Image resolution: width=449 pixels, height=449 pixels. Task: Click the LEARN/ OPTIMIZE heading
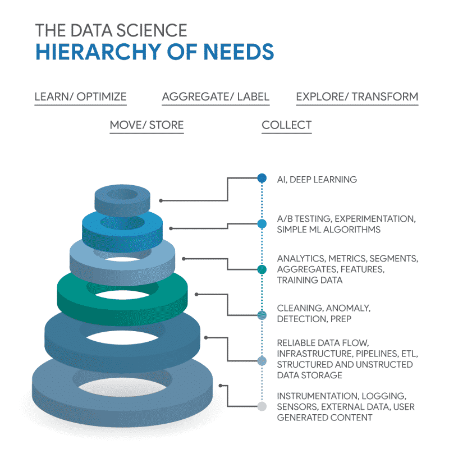pyautogui.click(x=80, y=97)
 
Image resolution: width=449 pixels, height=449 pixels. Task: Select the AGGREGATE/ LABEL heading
pyautogui.click(x=216, y=97)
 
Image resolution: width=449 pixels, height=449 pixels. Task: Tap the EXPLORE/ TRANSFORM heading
pyautogui.click(x=357, y=97)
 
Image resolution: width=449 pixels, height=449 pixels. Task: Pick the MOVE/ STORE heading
pyautogui.click(x=146, y=125)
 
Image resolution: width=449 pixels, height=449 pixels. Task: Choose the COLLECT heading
pyautogui.click(x=287, y=125)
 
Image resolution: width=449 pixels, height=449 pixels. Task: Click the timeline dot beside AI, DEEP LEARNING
pyautogui.click(x=262, y=178)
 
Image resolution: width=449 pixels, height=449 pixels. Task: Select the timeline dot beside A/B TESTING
pyautogui.click(x=262, y=223)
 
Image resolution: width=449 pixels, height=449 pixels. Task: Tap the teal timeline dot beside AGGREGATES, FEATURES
pyautogui.click(x=262, y=269)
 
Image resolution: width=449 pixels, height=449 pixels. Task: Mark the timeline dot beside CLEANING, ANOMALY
pyautogui.click(x=262, y=315)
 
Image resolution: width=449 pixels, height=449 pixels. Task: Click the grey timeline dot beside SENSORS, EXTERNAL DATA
pyautogui.click(x=262, y=406)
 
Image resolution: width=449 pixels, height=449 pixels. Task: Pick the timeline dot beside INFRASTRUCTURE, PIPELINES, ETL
pyautogui.click(x=262, y=361)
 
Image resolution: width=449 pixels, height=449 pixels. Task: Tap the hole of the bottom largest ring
pyautogui.click(x=122, y=387)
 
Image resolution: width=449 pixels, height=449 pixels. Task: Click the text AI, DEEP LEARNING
pyautogui.click(x=317, y=180)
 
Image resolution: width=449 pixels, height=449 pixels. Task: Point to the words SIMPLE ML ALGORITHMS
pyautogui.click(x=329, y=230)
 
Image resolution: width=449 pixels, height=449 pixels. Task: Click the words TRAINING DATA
pyautogui.click(x=310, y=280)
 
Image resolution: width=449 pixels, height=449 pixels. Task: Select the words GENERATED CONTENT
pyautogui.click(x=325, y=418)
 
